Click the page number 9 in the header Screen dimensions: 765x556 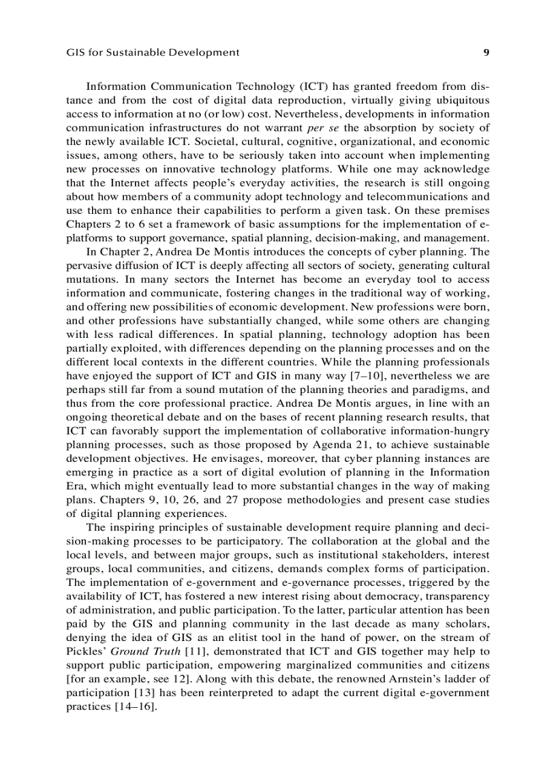486,52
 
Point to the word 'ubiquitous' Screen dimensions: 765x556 458,100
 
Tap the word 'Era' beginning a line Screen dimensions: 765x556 75,485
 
